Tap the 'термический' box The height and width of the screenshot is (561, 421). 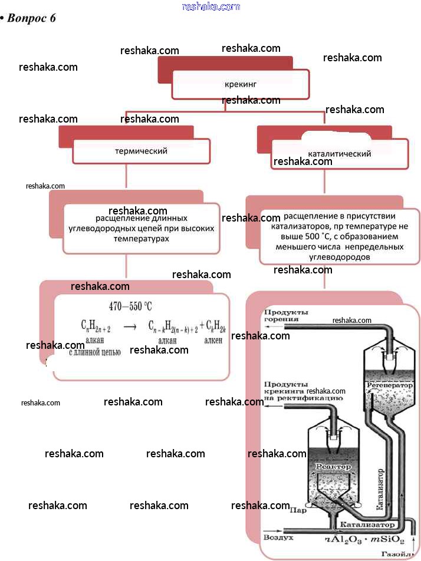pyautogui.click(x=141, y=151)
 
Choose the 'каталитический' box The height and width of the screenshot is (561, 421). pyautogui.click(x=340, y=154)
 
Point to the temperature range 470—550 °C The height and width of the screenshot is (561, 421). pyautogui.click(x=130, y=306)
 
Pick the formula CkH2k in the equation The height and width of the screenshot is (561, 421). pyautogui.click(x=213, y=325)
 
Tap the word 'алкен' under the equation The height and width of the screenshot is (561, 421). pyautogui.click(x=213, y=340)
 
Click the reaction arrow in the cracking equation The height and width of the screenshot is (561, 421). pyautogui.click(x=130, y=326)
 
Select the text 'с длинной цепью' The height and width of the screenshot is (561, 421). pyautogui.click(x=95, y=352)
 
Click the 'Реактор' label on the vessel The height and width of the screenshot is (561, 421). pyautogui.click(x=333, y=467)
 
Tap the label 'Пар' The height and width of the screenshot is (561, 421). pyautogui.click(x=298, y=511)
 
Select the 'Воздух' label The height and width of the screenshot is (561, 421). pyautogui.click(x=275, y=537)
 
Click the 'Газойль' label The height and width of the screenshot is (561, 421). pyautogui.click(x=394, y=555)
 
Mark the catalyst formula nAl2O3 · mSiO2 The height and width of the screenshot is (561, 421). pyautogui.click(x=364, y=539)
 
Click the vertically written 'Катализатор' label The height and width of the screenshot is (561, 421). pyautogui.click(x=380, y=489)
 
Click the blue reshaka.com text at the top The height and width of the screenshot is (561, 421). pyautogui.click(x=211, y=6)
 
